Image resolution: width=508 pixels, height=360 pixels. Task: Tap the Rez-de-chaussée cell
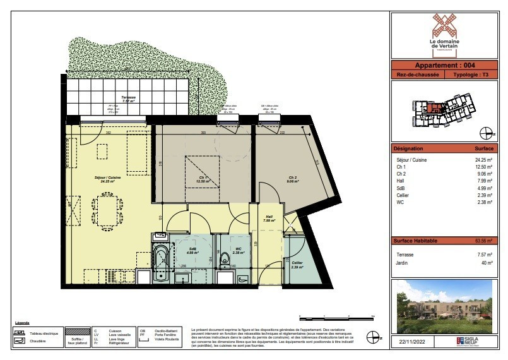click(x=418, y=75)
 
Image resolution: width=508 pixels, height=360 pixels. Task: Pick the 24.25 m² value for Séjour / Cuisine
click(x=483, y=160)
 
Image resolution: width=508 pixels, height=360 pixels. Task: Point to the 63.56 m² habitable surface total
click(x=483, y=241)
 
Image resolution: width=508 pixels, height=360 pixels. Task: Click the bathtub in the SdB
click(x=160, y=261)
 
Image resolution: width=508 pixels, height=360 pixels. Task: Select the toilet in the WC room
click(x=225, y=260)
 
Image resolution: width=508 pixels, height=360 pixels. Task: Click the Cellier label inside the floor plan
click(x=296, y=263)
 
